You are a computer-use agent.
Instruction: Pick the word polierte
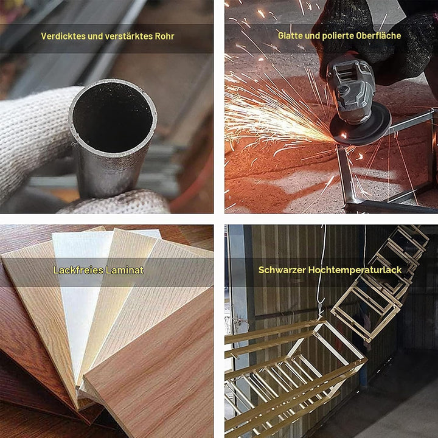[338, 35]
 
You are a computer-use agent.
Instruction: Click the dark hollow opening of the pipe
[113, 117]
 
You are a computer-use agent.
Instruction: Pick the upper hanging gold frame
[380, 282]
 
